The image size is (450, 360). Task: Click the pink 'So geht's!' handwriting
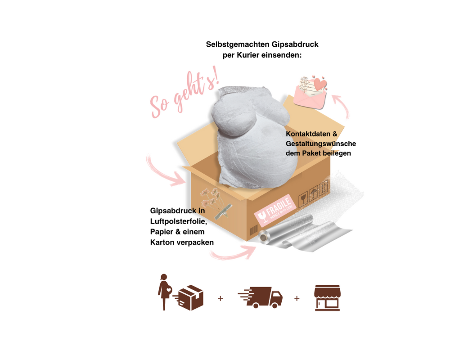coord(185,96)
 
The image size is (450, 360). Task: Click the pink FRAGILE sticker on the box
coord(274,209)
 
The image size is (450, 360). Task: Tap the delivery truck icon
coord(261,297)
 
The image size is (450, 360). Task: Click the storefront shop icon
coord(327,297)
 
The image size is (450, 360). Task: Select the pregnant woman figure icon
coord(163,291)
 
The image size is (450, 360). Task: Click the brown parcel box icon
coord(190,298)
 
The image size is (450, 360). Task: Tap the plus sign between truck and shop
coord(297,298)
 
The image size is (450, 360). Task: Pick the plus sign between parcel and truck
coord(220,298)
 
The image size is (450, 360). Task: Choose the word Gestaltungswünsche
coord(321,144)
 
